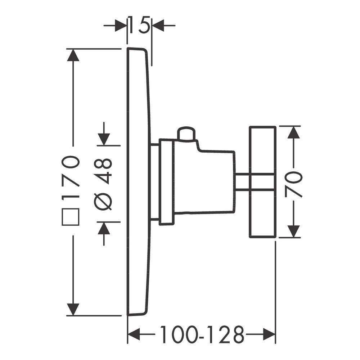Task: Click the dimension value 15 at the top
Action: (139, 24)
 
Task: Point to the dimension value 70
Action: (293, 185)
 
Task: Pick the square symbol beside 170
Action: (71, 217)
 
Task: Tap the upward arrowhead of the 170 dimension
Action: (73, 55)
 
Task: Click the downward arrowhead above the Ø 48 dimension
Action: (104, 139)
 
